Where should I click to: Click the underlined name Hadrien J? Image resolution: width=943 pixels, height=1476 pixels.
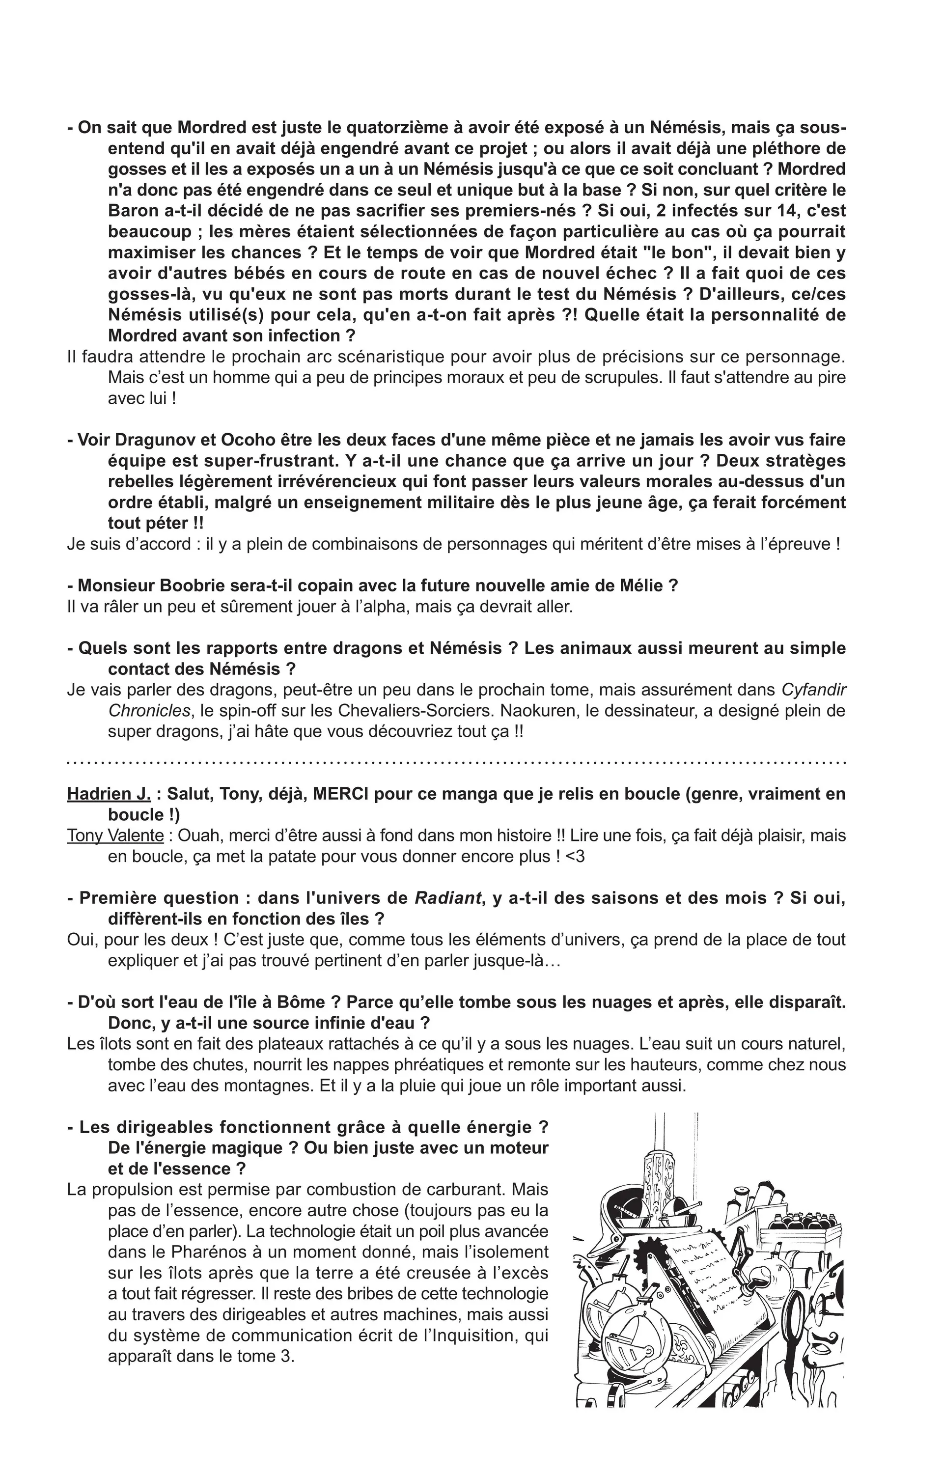tap(109, 794)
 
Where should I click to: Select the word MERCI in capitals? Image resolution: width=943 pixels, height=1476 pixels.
tap(341, 794)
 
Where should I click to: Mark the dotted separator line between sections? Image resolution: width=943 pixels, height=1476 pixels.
tap(456, 763)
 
